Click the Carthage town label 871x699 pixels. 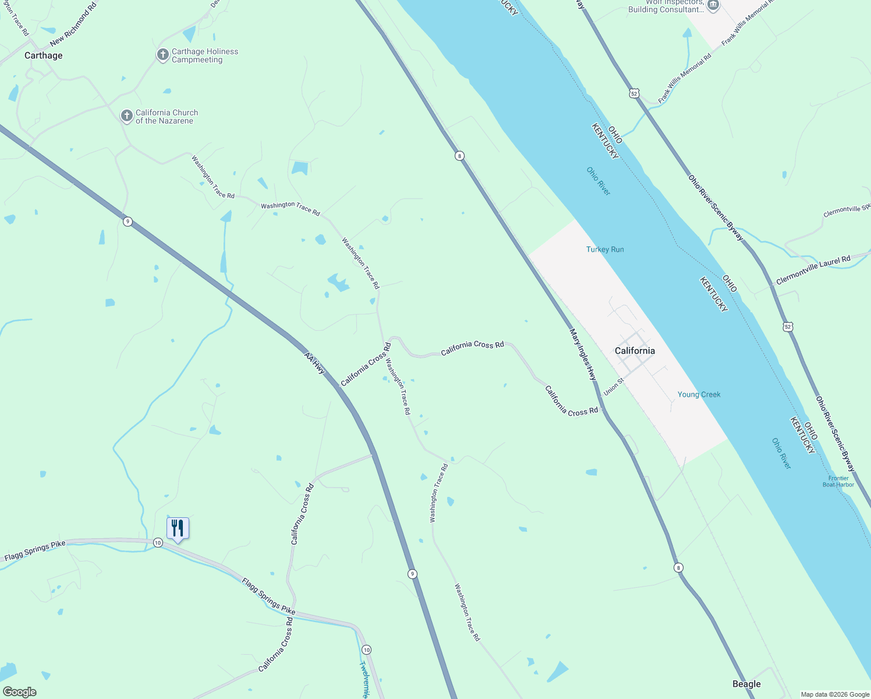pyautogui.click(x=43, y=55)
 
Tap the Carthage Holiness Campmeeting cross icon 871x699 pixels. pyautogui.click(x=163, y=55)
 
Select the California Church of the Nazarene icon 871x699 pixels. pyautogui.click(x=126, y=116)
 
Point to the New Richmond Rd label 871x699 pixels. pyautogui.click(x=73, y=24)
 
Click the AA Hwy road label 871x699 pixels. pyautogui.click(x=314, y=363)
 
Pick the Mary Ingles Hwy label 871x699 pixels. pyautogui.click(x=583, y=355)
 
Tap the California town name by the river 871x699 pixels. pyautogui.click(x=635, y=351)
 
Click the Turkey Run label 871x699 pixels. pyautogui.click(x=605, y=249)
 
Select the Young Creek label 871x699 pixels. pyautogui.click(x=699, y=394)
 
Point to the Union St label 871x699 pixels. pyautogui.click(x=614, y=387)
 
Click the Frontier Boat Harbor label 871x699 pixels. pyautogui.click(x=838, y=481)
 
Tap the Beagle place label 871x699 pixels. pyautogui.click(x=746, y=684)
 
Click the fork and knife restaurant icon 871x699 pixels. pyautogui.click(x=178, y=528)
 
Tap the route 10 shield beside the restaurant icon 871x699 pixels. pyautogui.click(x=158, y=543)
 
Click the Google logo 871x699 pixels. pyautogui.click(x=20, y=692)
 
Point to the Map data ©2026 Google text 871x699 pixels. pyautogui.click(x=835, y=694)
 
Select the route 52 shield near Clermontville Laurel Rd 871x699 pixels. pyautogui.click(x=788, y=327)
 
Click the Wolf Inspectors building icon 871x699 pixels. pyautogui.click(x=713, y=5)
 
